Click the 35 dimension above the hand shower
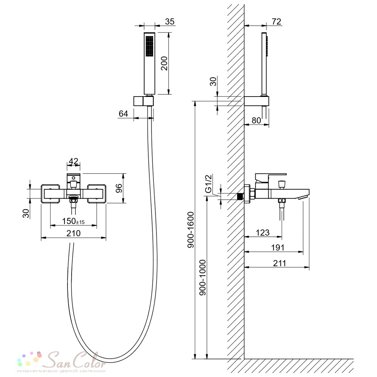coord(170,21)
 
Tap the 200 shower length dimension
coord(164,63)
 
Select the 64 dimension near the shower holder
coord(123,113)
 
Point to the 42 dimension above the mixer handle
coord(74,161)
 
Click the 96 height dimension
coord(119,188)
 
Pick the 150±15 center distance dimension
coord(74,221)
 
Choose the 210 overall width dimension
coord(74,233)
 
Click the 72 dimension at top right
coord(276,21)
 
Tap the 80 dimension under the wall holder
coord(256,120)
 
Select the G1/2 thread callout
coord(208,184)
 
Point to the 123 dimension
coord(262,233)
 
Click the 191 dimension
coord(278,247)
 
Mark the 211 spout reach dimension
coord(279,263)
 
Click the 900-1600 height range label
coord(190,230)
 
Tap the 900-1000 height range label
coord(203,277)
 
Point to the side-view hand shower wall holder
coord(256,101)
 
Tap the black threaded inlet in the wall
coord(239,196)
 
